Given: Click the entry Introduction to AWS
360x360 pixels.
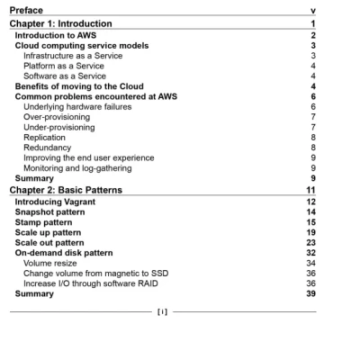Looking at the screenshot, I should click(x=57, y=34).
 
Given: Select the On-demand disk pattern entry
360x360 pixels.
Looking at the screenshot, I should click(x=65, y=253).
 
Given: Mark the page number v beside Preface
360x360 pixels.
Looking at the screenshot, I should click(x=311, y=10).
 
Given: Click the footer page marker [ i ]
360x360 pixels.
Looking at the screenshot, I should click(x=163, y=311).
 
